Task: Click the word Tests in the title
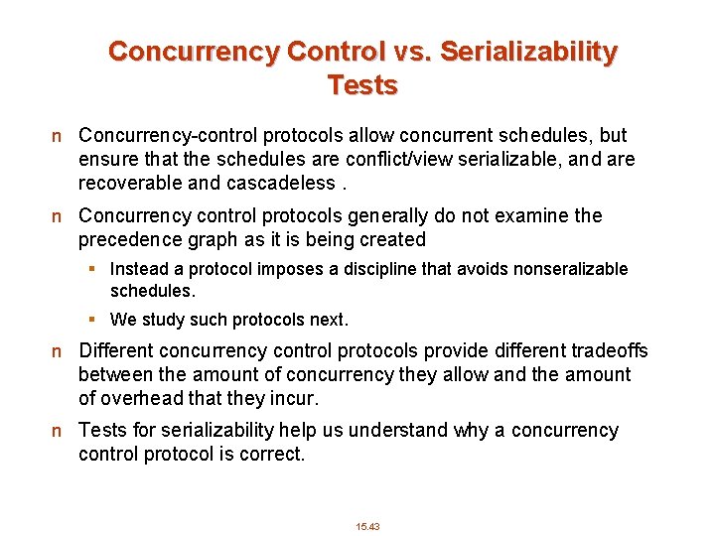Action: pyautogui.click(x=362, y=85)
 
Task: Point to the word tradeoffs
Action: pyautogui.click(x=605, y=350)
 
